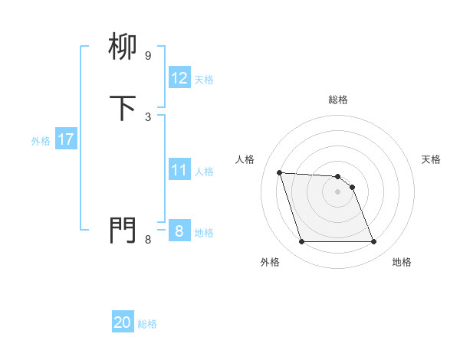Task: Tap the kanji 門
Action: pyautogui.click(x=123, y=230)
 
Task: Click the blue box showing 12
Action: pyautogui.click(x=179, y=78)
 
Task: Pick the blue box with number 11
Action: pyautogui.click(x=179, y=171)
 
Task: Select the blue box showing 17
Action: pyautogui.click(x=65, y=139)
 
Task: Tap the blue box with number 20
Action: pyautogui.click(x=123, y=322)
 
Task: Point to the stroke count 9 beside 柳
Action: pyautogui.click(x=147, y=56)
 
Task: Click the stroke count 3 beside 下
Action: pyautogui.click(x=147, y=116)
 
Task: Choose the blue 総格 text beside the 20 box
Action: pyautogui.click(x=147, y=324)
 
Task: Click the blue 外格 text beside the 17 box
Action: pyautogui.click(x=40, y=141)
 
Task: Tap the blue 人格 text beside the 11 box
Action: pyautogui.click(x=205, y=172)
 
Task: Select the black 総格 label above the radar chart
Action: pyautogui.click(x=337, y=100)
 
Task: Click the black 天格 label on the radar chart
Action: pyautogui.click(x=431, y=159)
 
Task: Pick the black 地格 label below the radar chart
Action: pyautogui.click(x=402, y=262)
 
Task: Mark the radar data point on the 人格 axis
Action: pyautogui.click(x=280, y=172)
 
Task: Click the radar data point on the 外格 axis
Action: pyautogui.click(x=301, y=242)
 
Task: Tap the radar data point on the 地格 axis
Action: pyautogui.click(x=373, y=242)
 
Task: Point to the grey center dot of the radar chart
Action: pyautogui.click(x=337, y=191)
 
